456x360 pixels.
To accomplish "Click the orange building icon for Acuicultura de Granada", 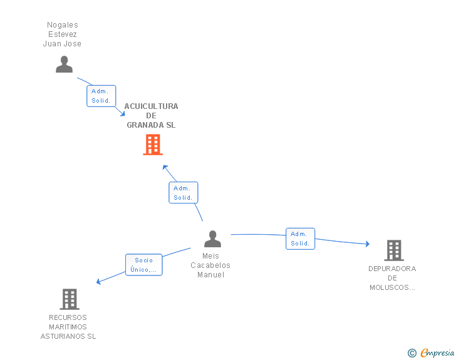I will coord(153,145).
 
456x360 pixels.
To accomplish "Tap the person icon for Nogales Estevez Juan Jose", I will coord(64,64).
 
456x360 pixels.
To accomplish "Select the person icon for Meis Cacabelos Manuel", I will coord(212,239).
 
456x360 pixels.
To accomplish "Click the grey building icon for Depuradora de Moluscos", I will coord(393,250).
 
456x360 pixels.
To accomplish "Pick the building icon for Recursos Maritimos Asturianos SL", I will coord(69,299).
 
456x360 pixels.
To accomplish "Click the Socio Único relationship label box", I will coord(143,265).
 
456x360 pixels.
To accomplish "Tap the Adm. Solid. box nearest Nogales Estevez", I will coord(101,96).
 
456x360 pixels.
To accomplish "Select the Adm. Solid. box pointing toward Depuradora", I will coord(300,239).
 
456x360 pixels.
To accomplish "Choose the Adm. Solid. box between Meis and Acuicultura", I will coord(183,193).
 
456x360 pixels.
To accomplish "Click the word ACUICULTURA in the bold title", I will coord(151,106).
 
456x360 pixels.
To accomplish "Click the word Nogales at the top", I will coord(63,25).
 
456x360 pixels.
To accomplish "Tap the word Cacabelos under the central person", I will coord(210,265).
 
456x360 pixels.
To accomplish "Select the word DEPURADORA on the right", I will coord(392,269).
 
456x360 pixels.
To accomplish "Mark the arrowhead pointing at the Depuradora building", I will coord(367,244).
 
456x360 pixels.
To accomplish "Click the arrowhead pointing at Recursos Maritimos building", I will coord(99,282).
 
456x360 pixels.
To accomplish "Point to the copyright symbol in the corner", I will coord(412,353).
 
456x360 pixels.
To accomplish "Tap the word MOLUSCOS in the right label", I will coord(392,287).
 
